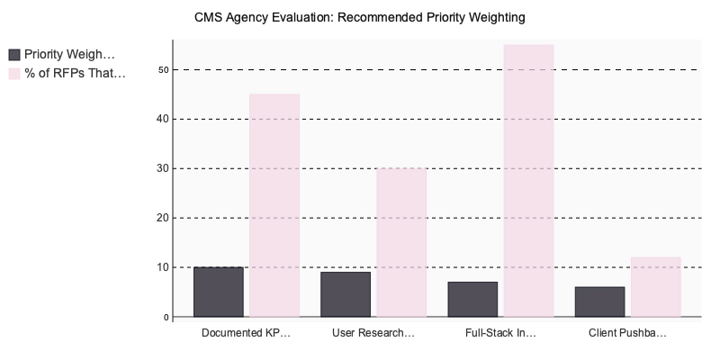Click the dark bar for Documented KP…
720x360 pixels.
point(219,292)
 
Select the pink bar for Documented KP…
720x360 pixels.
point(274,205)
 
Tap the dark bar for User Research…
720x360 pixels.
point(346,294)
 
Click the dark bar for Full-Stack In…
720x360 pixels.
point(472,299)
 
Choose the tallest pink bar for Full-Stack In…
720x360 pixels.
point(528,180)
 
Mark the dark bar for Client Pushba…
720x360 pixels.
point(599,301)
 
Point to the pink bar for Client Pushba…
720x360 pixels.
point(655,287)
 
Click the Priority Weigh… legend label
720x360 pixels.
point(69,54)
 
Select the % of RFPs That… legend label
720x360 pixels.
point(75,73)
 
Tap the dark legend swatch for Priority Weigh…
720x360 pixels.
point(14,54)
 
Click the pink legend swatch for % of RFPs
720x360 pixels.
point(14,73)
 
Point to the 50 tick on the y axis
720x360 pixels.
point(163,69)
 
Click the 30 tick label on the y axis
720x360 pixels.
point(163,168)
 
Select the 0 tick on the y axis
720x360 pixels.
point(166,317)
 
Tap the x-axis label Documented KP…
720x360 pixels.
point(246,333)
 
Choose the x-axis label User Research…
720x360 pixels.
point(373,333)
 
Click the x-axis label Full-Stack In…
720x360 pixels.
point(500,333)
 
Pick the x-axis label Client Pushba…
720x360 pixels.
point(627,333)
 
